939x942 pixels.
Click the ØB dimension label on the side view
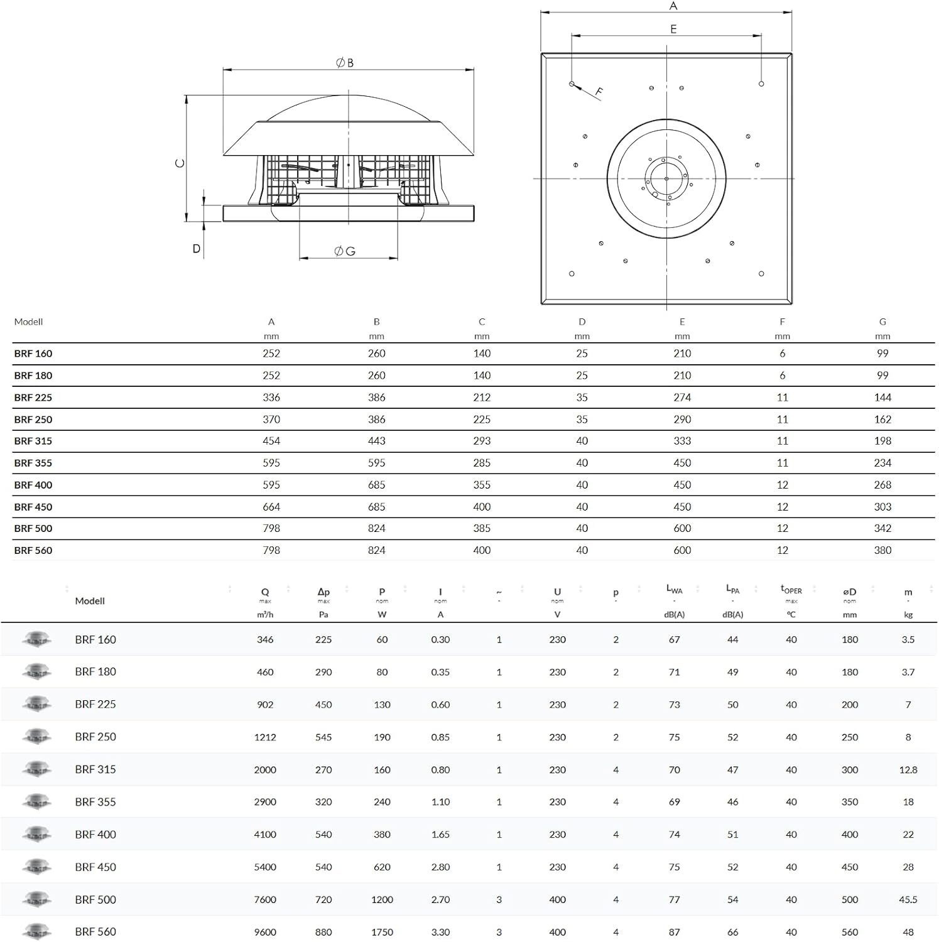(x=344, y=63)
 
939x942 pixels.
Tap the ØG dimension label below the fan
(x=345, y=251)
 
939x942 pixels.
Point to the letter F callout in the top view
(x=599, y=92)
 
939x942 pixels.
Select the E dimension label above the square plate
(x=673, y=29)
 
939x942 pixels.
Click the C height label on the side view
(x=180, y=163)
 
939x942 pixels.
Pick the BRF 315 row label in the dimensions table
(x=33, y=441)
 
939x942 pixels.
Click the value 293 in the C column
(x=482, y=441)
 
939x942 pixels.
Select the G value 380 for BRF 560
(x=882, y=550)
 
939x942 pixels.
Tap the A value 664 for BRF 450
(x=271, y=507)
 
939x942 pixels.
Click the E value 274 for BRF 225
(x=682, y=398)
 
